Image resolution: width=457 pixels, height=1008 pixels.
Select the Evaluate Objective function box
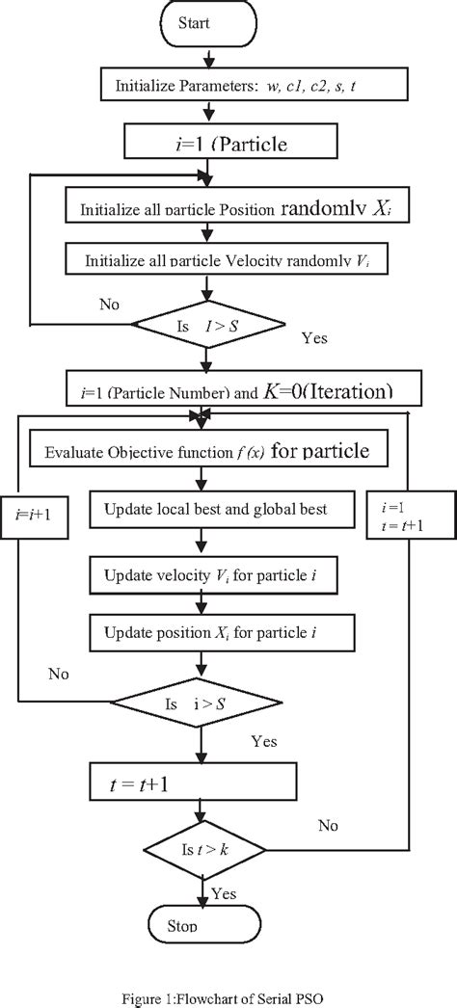click(x=208, y=450)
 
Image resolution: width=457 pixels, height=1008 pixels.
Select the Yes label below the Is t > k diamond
click(x=225, y=893)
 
